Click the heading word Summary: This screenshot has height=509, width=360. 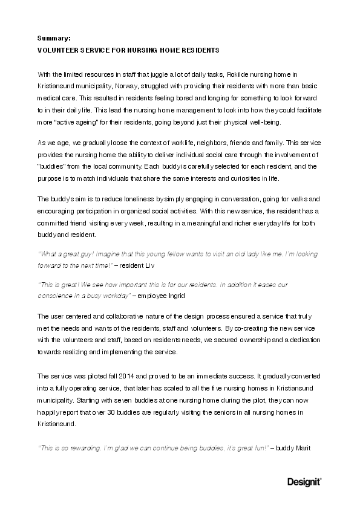[54, 37]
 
